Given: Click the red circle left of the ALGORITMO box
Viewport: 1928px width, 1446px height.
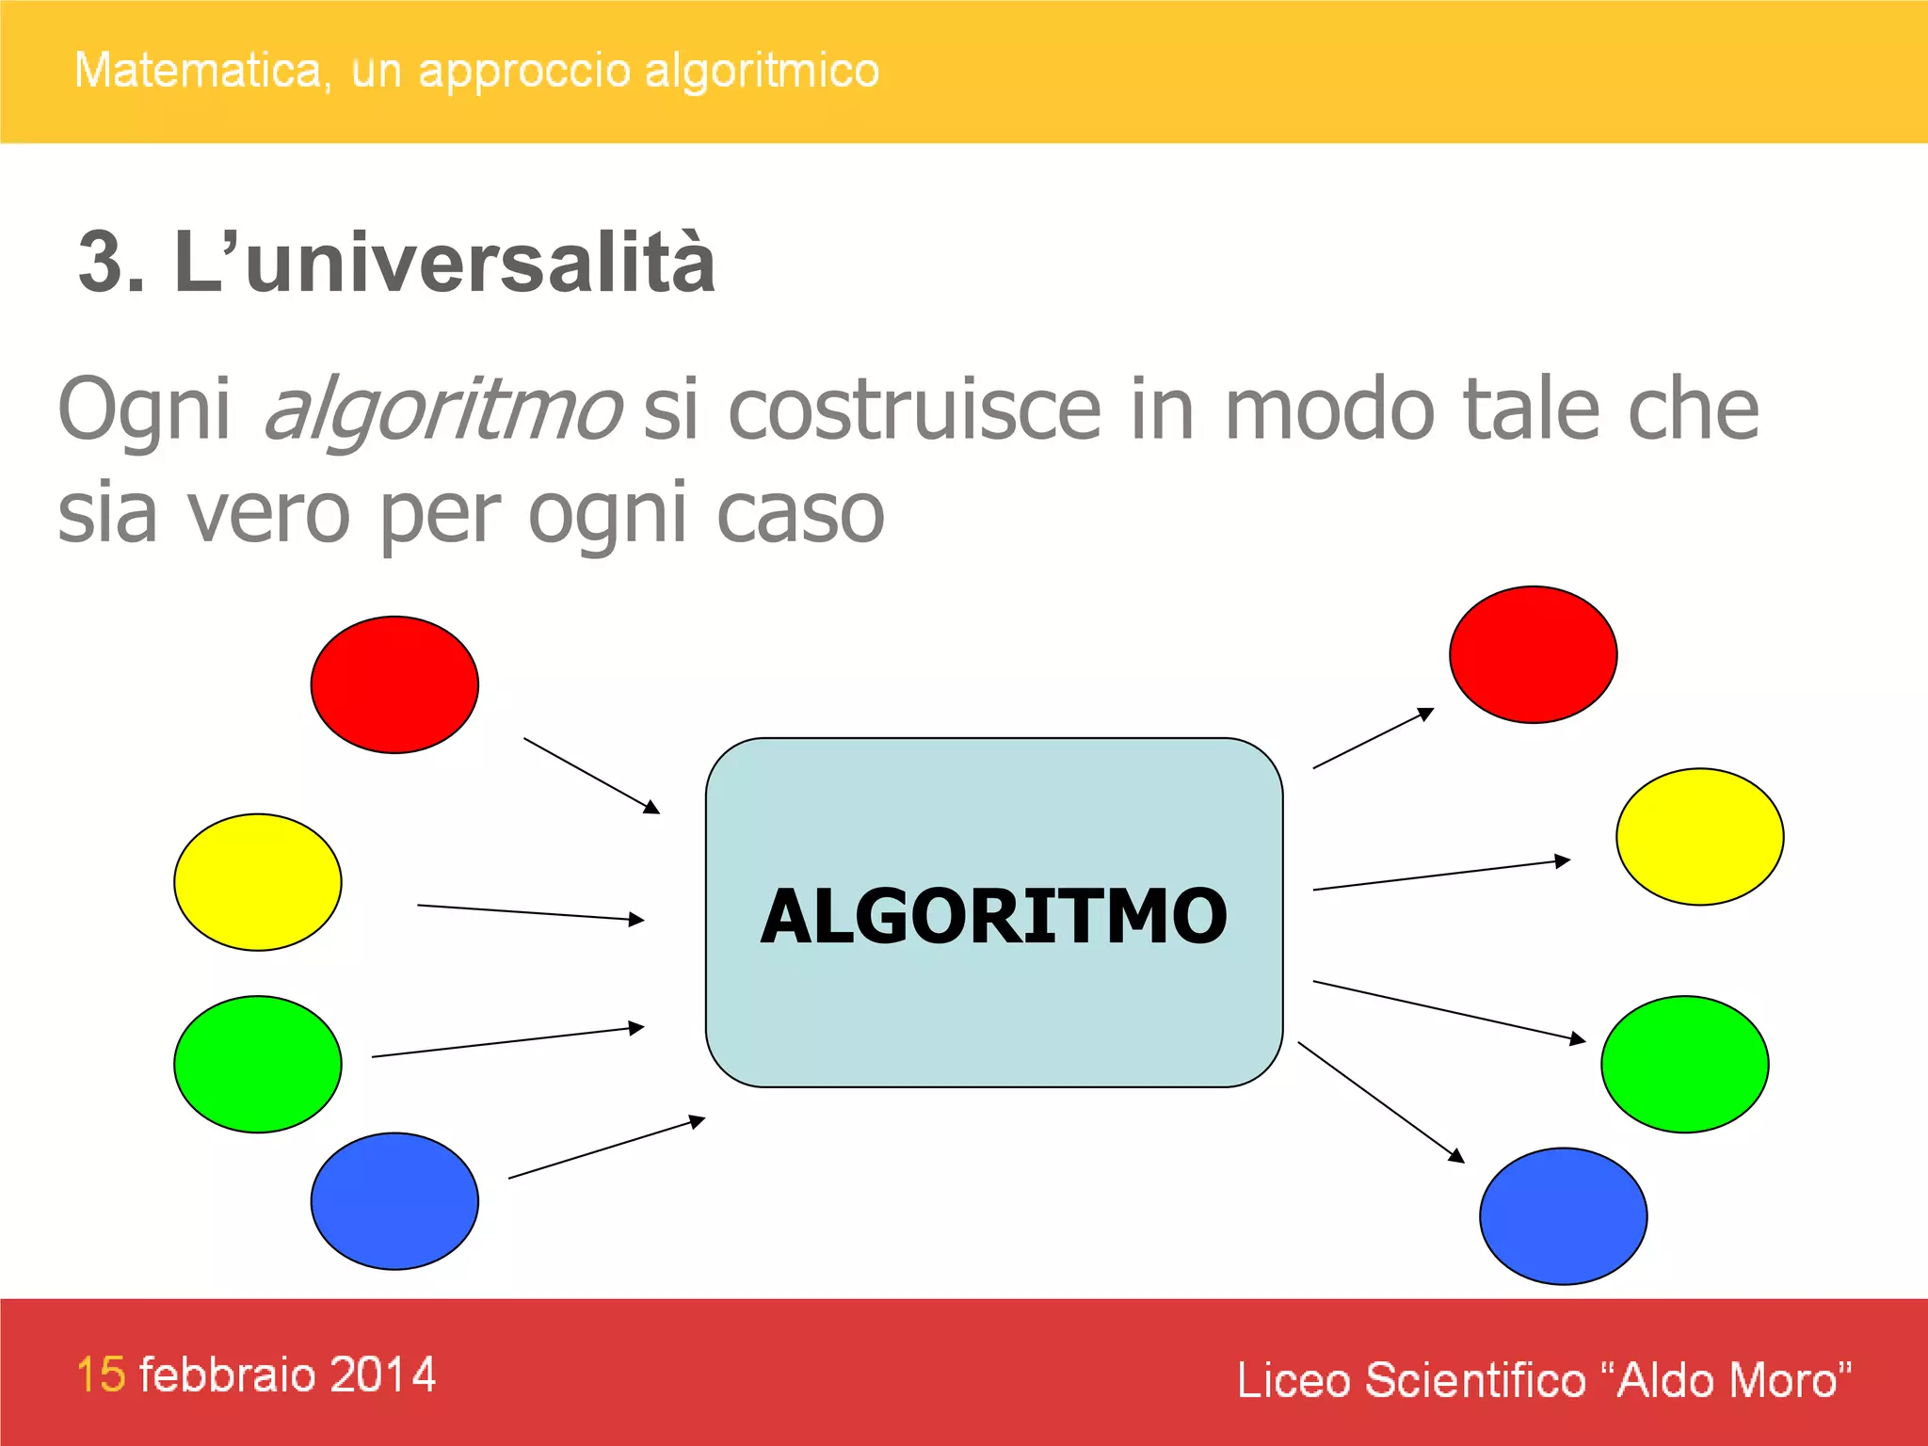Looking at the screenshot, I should tap(394, 684).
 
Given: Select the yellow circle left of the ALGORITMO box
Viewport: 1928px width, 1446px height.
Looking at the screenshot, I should tap(257, 882).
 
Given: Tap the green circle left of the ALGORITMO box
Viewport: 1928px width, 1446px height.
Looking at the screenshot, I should tap(257, 1064).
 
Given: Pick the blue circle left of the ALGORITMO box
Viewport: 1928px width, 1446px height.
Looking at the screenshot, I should tap(394, 1201).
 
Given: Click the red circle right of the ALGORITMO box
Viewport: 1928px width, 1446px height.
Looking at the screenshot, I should tap(1533, 654).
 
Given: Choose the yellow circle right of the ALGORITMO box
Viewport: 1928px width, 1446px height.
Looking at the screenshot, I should tap(1699, 836).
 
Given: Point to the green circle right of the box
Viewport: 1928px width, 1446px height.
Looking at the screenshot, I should tap(1684, 1064).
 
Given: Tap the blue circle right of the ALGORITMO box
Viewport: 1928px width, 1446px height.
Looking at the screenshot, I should tap(1563, 1215).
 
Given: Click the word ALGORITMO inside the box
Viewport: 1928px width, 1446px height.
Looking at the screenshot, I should tap(993, 916).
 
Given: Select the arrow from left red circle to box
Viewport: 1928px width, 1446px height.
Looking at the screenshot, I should tap(591, 775).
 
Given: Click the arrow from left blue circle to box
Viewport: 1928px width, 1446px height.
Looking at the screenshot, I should tap(606, 1149).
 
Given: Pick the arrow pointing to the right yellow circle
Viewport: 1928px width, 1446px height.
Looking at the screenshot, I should tap(1440, 875).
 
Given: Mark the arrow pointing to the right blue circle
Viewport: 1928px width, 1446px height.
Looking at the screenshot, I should tap(1380, 1102).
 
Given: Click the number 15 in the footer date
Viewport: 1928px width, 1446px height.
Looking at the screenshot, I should tap(101, 1374).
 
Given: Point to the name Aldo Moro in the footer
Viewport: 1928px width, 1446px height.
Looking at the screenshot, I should tap(1727, 1380).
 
